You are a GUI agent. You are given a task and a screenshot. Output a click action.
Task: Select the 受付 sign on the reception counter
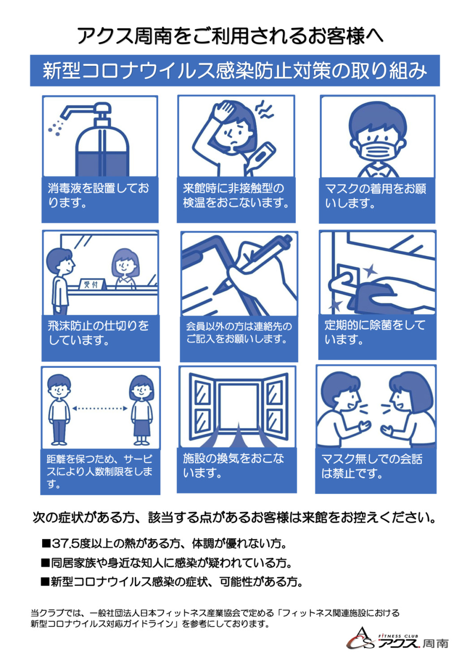tap(92, 284)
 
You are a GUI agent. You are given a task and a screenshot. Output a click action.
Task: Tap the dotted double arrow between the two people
tap(100, 408)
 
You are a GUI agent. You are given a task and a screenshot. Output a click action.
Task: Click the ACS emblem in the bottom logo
tap(360, 639)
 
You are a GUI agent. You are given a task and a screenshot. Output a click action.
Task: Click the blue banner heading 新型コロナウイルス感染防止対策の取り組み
tap(235, 70)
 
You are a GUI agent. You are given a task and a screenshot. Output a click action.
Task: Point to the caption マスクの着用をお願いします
tap(376, 196)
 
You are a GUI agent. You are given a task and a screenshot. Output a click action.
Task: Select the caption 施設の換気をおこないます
tap(233, 466)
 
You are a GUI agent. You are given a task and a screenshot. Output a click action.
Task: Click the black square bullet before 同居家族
tap(45, 563)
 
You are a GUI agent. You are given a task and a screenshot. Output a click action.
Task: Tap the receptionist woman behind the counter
tap(126, 268)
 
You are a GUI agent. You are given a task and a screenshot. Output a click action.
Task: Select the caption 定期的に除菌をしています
tap(375, 332)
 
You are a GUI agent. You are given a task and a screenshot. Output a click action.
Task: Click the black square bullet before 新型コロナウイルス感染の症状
tap(45, 582)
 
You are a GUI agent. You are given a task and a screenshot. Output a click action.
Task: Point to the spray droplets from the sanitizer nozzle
tap(56, 128)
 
